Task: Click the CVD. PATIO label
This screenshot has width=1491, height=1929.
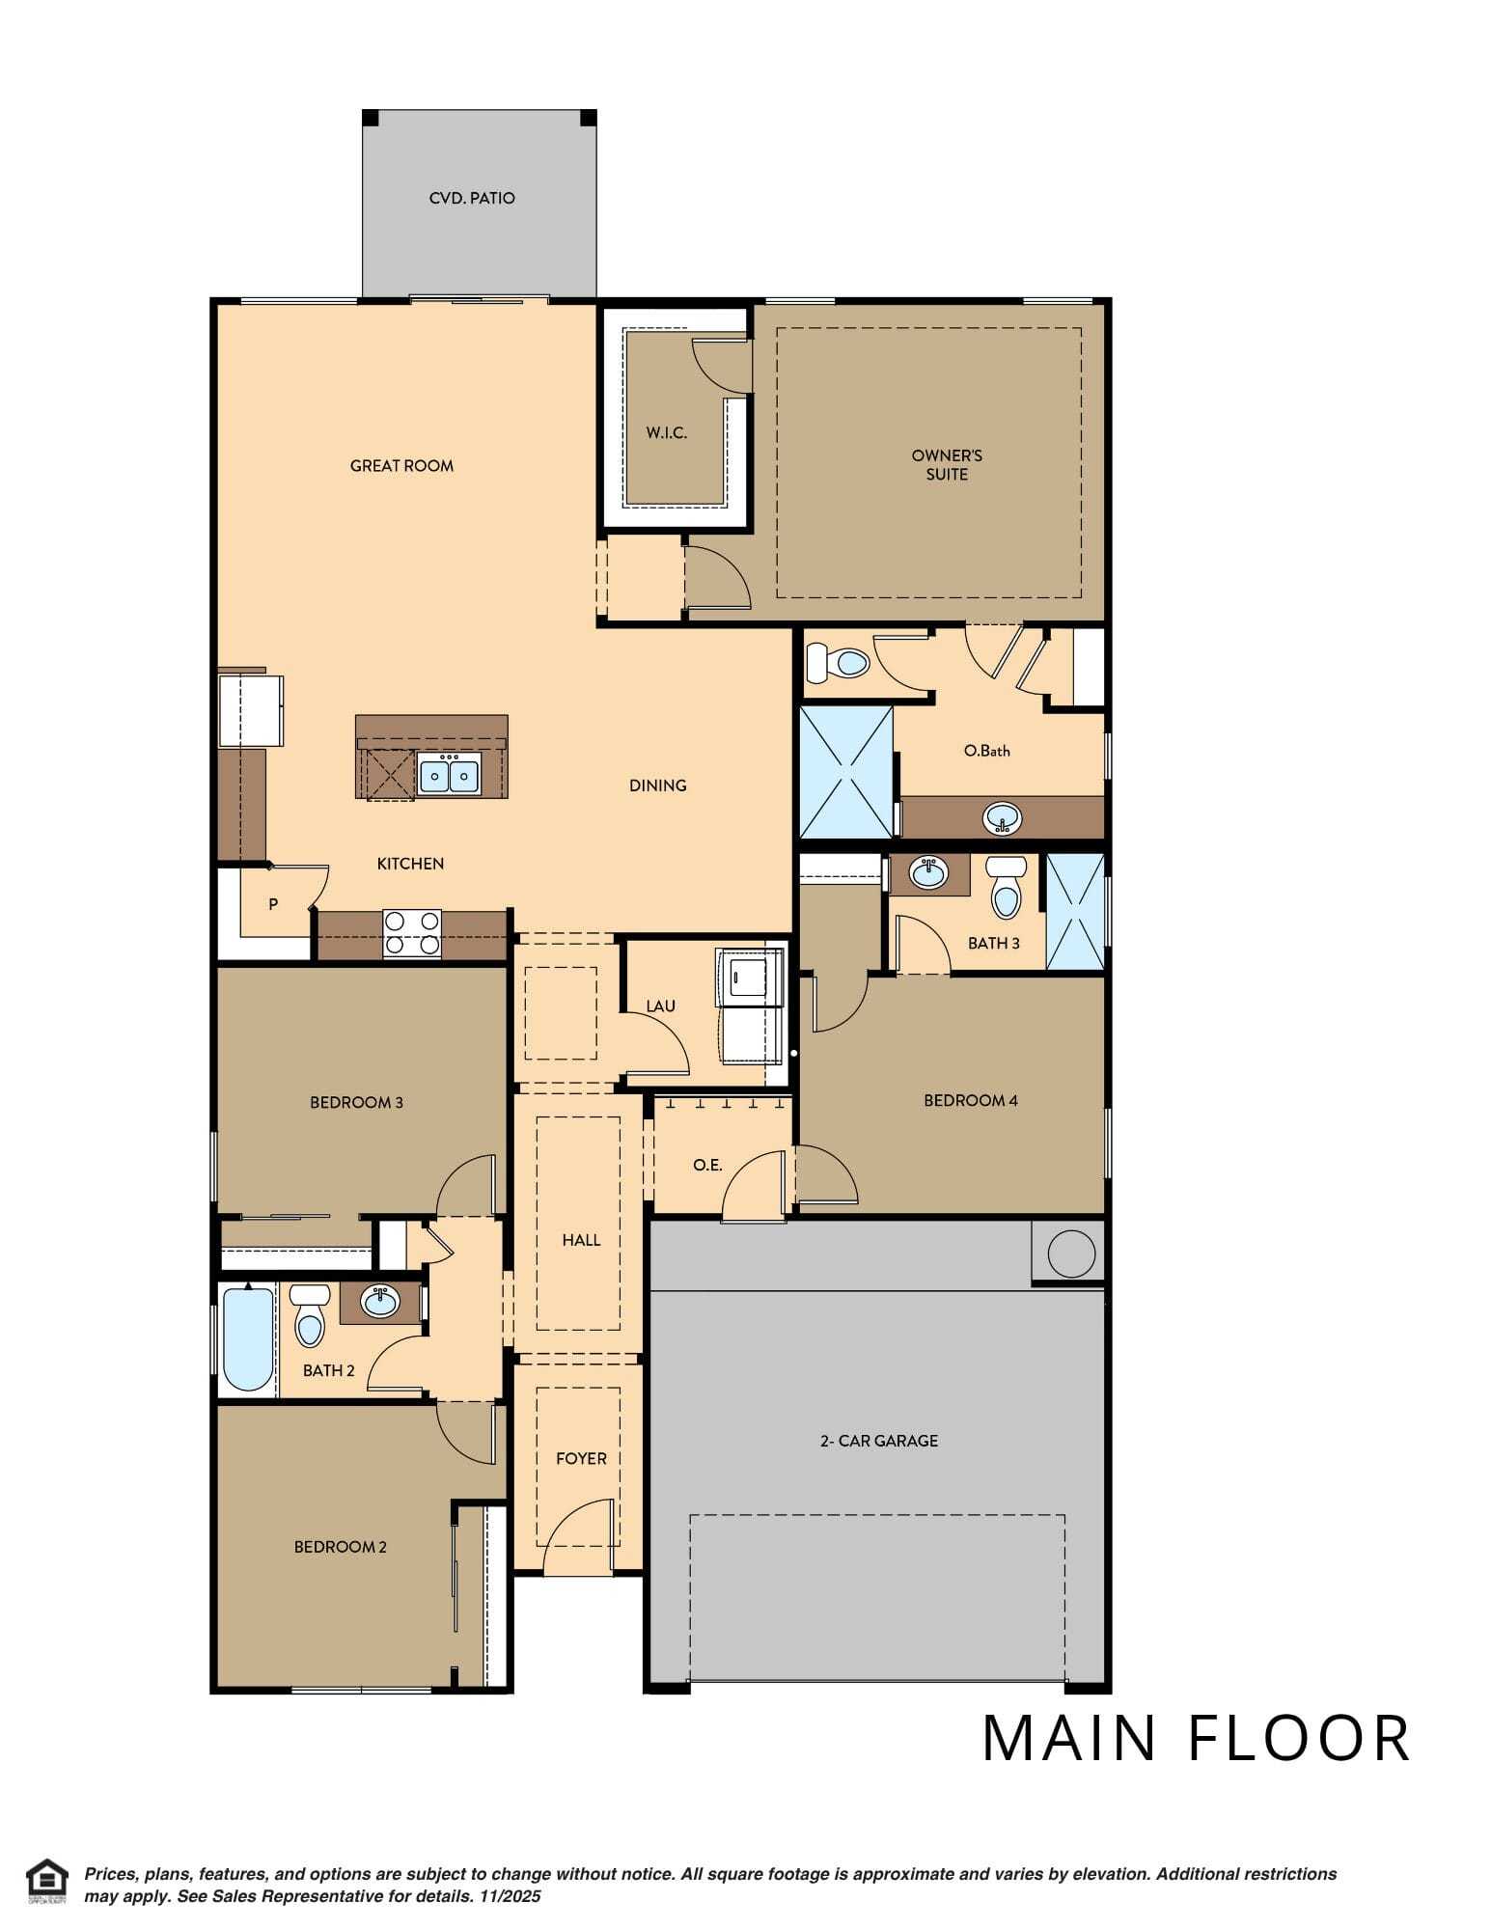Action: point(472,198)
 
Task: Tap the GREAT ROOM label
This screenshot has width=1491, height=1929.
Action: point(401,466)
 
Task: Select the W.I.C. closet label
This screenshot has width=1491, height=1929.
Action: point(667,432)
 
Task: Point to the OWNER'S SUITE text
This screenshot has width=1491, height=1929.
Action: point(947,465)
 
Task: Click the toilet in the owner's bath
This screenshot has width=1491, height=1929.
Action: point(839,662)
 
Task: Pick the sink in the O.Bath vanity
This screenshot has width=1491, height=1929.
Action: point(1003,819)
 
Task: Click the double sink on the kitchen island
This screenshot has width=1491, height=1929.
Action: point(449,775)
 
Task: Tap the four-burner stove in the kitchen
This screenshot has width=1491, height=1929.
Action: point(412,933)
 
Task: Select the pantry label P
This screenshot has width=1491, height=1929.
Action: point(273,905)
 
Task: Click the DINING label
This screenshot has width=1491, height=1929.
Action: point(658,785)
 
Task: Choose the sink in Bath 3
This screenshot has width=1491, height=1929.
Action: point(928,872)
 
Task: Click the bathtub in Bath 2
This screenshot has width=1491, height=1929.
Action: point(248,1338)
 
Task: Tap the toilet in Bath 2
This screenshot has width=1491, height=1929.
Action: point(309,1315)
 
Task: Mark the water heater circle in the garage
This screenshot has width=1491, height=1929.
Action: point(1071,1254)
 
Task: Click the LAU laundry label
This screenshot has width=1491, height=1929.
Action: point(661,1006)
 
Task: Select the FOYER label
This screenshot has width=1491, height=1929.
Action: point(581,1459)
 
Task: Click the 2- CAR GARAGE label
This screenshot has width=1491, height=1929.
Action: point(879,1441)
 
